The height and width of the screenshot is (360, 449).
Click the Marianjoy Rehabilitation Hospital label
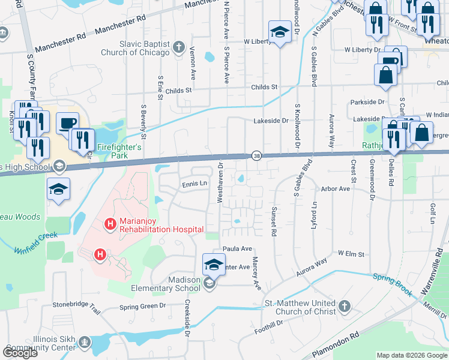coord(161,224)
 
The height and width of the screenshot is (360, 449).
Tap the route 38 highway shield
coord(256,155)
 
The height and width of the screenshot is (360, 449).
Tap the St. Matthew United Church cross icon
coord(345,307)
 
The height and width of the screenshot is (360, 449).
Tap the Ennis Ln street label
coord(194,184)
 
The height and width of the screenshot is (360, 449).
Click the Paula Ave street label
coord(237,248)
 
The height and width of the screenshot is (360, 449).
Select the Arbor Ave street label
coord(336,188)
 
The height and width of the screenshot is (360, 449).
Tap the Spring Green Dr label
coord(142,306)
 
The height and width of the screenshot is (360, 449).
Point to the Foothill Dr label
coord(268,324)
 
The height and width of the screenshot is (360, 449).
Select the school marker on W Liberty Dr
coord(280,32)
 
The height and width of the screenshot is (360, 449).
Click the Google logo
coord(20,352)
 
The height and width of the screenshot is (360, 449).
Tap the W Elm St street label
coord(351,254)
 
